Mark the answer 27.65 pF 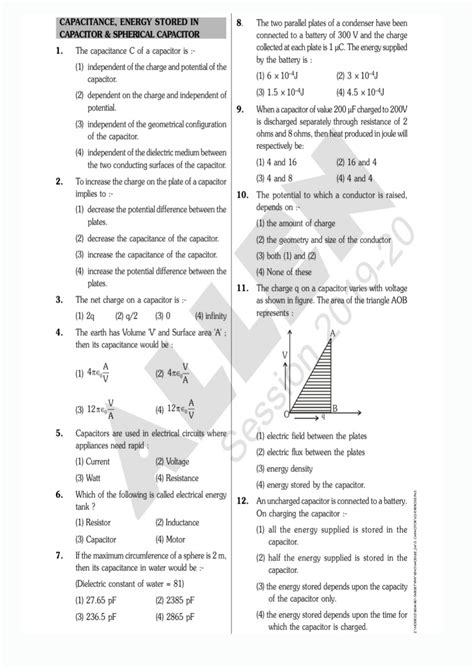96,600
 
